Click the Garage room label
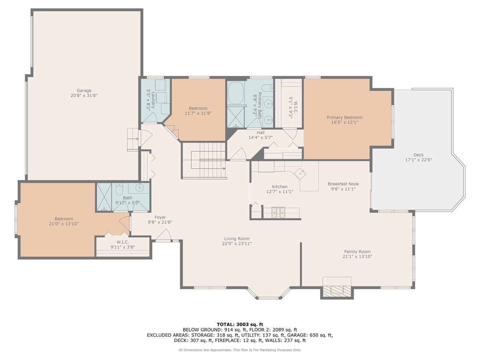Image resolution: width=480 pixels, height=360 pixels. click(x=84, y=90)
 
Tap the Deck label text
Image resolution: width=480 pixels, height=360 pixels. click(x=418, y=155)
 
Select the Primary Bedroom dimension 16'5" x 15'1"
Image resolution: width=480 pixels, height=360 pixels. click(x=344, y=122)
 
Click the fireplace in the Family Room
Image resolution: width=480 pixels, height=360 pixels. click(x=337, y=290)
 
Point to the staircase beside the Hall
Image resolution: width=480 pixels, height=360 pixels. click(x=204, y=160)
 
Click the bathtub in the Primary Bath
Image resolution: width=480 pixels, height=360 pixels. click(x=236, y=93)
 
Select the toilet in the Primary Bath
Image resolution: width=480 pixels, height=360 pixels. click(x=266, y=88)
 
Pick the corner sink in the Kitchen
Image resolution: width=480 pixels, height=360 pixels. click(x=300, y=174)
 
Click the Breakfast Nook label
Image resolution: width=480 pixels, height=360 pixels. click(x=343, y=184)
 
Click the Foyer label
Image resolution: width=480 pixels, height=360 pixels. click(x=160, y=217)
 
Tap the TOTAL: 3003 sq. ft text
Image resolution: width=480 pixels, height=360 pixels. click(x=240, y=324)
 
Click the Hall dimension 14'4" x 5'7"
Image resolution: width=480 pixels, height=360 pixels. click(x=260, y=138)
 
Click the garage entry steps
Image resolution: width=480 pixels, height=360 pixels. click(x=132, y=140)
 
